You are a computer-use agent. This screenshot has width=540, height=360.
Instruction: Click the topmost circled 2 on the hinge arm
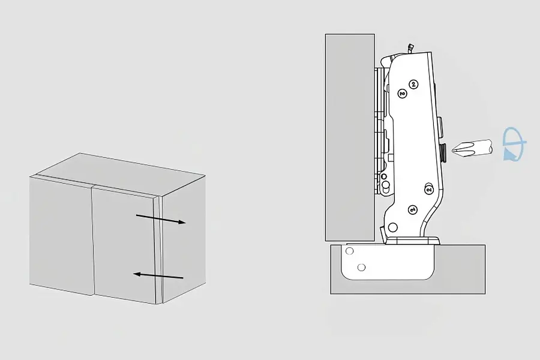tap(413, 84)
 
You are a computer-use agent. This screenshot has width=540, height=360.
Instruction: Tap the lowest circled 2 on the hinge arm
tap(413, 209)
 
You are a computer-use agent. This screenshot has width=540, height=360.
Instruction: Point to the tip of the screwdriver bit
tap(452, 149)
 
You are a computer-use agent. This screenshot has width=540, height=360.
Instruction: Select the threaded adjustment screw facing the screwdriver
tap(444, 152)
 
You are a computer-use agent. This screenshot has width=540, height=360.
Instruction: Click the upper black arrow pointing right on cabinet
tap(161, 219)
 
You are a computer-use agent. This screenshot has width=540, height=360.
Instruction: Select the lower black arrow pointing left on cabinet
tap(158, 275)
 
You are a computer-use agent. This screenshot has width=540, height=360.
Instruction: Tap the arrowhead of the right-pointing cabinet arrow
tap(182, 222)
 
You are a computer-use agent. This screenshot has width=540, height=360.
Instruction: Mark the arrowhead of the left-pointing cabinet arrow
tap(137, 274)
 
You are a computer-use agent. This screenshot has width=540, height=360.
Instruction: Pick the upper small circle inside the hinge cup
tap(350, 251)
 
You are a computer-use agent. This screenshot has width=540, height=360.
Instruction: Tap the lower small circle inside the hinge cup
tap(361, 267)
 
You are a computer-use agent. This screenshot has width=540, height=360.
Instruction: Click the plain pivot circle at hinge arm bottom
tap(392, 227)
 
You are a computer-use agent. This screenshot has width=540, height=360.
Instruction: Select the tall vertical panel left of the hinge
tap(350, 137)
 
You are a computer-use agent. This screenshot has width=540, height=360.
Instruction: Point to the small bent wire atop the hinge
tap(410, 49)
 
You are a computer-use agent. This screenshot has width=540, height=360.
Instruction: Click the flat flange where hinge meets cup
tap(413, 241)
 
